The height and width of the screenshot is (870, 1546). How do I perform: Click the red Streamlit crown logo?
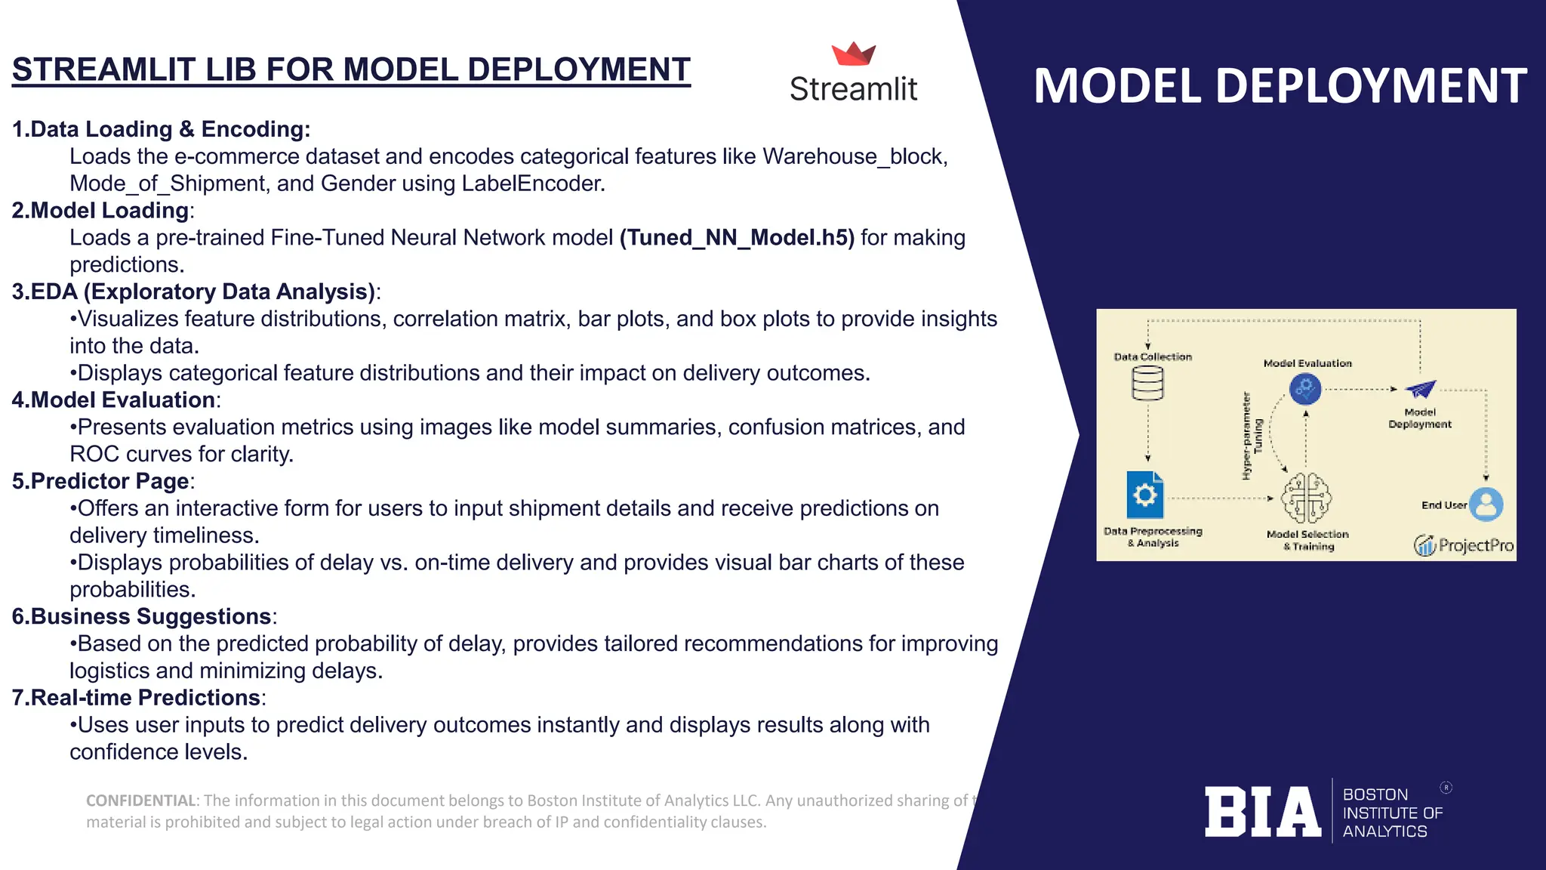click(854, 54)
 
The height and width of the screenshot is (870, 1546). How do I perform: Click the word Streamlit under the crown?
click(853, 89)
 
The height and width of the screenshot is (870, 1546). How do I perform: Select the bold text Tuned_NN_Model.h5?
click(737, 238)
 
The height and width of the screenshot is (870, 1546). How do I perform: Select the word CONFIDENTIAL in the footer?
click(141, 801)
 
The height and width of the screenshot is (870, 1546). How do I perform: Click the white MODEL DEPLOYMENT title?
click(1280, 86)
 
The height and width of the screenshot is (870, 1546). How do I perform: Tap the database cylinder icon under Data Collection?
click(1147, 383)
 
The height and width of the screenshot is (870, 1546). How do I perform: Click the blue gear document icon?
click(1144, 495)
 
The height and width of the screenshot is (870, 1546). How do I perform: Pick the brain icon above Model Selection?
click(1307, 498)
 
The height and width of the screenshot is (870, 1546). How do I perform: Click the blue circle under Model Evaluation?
click(1305, 389)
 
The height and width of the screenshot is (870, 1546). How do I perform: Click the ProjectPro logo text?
click(1475, 545)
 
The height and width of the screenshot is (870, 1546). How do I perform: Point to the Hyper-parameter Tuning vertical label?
click(1252, 436)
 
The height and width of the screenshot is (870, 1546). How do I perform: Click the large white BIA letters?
click(1262, 812)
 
